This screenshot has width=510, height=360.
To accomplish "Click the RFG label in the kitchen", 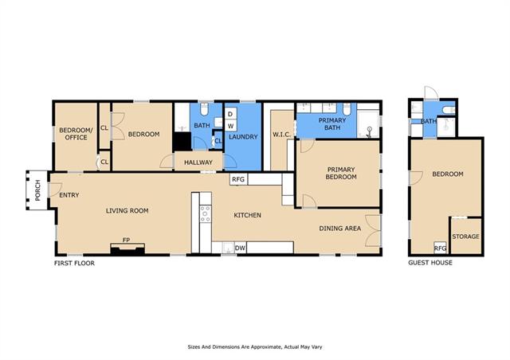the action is pyautogui.click(x=238, y=179).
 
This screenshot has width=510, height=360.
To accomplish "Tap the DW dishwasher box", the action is pyautogui.click(x=240, y=248).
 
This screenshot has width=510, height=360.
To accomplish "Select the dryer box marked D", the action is pyautogui.click(x=230, y=114).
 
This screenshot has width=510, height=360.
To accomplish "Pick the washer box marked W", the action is pyautogui.click(x=230, y=126).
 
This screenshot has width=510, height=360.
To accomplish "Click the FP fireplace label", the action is pyautogui.click(x=126, y=240).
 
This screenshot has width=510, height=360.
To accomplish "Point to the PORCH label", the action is pyautogui.click(x=37, y=190).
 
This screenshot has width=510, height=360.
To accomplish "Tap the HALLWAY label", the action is pyautogui.click(x=198, y=162).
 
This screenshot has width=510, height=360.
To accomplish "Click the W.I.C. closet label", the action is pyautogui.click(x=281, y=135).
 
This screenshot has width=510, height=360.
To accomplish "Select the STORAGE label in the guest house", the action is pyautogui.click(x=465, y=237).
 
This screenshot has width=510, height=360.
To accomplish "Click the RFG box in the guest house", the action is pyautogui.click(x=441, y=248).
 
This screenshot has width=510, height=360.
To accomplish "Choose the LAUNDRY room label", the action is pyautogui.click(x=243, y=137).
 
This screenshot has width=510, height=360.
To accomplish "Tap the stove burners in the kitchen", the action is pyautogui.click(x=206, y=214).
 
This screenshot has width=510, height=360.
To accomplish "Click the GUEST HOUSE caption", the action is pyautogui.click(x=430, y=263).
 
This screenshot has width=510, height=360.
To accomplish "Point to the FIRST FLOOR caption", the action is pyautogui.click(x=74, y=263).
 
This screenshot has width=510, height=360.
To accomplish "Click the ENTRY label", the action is pyautogui.click(x=69, y=195).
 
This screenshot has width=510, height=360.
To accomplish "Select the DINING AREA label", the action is pyautogui.click(x=340, y=229).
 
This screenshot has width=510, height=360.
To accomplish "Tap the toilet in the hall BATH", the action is pyautogui.click(x=204, y=109).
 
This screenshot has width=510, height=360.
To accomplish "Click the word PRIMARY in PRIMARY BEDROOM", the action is pyautogui.click(x=341, y=170).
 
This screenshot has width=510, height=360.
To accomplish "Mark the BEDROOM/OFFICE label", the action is pyautogui.click(x=76, y=134).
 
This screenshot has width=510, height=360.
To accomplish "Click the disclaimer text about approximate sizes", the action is pyautogui.click(x=255, y=347).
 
